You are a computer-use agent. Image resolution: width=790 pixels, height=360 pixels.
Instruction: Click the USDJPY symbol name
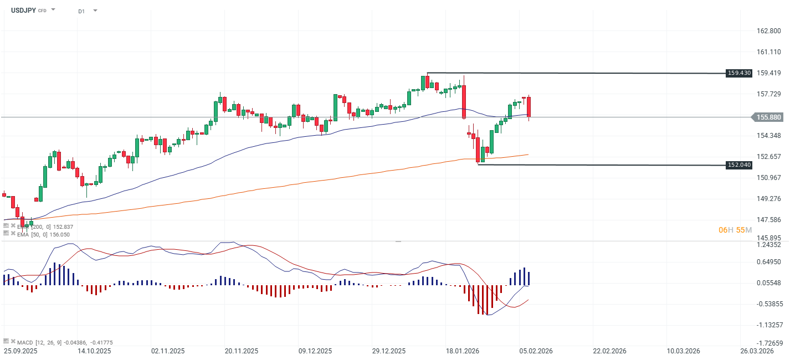23,10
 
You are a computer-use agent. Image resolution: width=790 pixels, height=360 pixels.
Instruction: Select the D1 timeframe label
81,11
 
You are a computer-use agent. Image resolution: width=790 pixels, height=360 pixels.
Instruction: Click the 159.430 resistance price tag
739,73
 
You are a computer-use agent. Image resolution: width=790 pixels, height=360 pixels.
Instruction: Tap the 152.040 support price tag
739,165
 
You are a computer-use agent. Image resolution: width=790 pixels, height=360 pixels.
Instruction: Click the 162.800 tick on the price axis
768,31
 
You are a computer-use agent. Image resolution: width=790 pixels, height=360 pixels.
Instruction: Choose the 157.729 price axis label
768,94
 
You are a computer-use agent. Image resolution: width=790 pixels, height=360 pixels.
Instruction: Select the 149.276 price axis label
768,199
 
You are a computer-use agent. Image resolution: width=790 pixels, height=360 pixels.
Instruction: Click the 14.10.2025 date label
95,351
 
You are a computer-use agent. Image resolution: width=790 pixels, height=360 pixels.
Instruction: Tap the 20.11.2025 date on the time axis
242,351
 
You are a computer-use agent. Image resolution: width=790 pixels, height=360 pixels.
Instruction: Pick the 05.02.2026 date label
536,351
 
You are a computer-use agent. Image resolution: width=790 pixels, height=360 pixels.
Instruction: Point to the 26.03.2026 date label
757,351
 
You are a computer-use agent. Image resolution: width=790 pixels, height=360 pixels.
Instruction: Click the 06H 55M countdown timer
735,230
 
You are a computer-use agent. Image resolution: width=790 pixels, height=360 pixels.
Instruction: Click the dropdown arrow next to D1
95,11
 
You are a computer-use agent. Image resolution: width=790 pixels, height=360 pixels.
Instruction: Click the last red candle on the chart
529,106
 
